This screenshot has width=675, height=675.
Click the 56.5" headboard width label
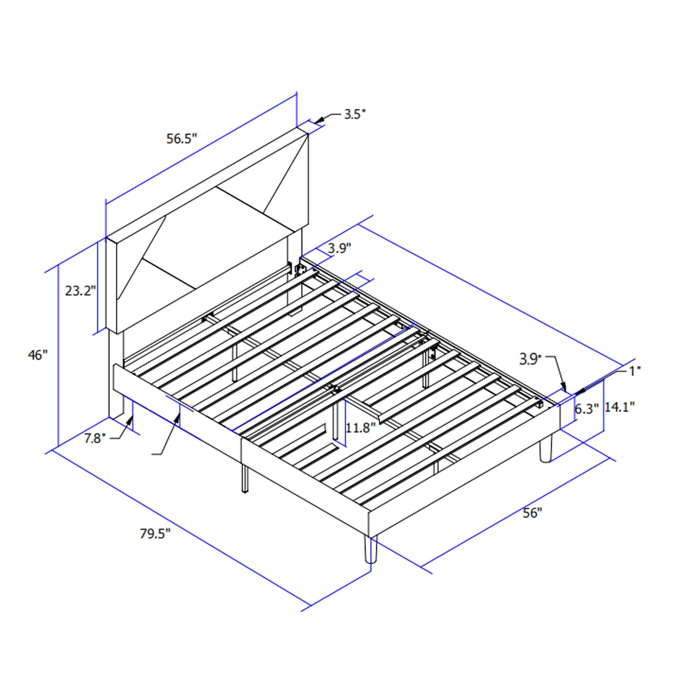(x=182, y=139)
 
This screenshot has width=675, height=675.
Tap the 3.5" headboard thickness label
(x=355, y=114)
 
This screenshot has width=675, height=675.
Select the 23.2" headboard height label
(x=80, y=291)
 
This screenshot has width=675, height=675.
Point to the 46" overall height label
(x=38, y=355)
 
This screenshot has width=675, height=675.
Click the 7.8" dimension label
(x=95, y=438)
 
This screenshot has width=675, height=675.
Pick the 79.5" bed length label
(x=155, y=533)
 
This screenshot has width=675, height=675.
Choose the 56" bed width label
(x=532, y=513)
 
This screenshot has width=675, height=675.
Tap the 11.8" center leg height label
(x=361, y=427)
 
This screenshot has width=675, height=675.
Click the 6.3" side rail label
(x=586, y=409)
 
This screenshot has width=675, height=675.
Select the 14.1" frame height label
(x=619, y=407)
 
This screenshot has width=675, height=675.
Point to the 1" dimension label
(x=635, y=371)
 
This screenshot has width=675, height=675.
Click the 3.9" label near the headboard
(x=339, y=248)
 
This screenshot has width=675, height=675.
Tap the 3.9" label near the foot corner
(x=530, y=359)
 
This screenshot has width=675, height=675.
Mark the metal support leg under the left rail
(x=245, y=478)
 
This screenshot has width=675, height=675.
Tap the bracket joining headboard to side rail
(x=300, y=269)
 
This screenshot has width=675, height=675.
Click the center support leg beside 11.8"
(x=336, y=421)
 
